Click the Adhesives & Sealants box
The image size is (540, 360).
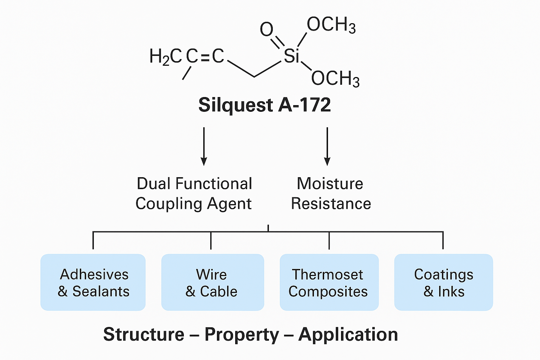pos(93,282)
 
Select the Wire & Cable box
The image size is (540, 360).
pos(212,282)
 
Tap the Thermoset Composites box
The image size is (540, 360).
pos(329,282)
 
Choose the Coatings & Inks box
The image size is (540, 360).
pos(443,282)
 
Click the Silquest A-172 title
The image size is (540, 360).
pos(264,105)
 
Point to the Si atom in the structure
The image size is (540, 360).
pos(291,56)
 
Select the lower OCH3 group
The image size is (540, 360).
pos(335,78)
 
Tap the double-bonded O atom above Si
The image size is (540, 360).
pos(266,30)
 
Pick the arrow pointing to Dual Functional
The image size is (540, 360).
pos(204,146)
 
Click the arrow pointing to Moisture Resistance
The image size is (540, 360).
pos(327,146)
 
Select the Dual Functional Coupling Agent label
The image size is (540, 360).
pos(194,194)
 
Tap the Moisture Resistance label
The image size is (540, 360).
pos(330,194)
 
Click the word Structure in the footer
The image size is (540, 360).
pos(144,334)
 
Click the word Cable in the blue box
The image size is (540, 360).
pos(219,291)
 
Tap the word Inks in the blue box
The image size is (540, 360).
pos(451,291)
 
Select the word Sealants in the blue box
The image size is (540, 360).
pos(101,291)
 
